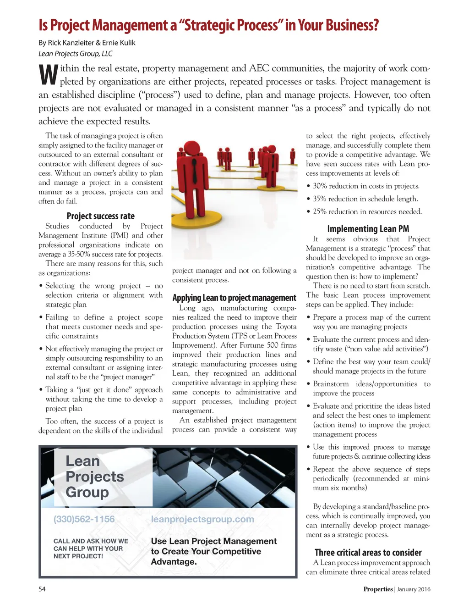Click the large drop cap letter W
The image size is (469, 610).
point(48,75)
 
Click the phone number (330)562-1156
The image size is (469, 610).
point(84,519)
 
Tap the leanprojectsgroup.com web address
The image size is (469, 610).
point(202,519)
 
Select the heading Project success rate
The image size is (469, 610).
point(100,216)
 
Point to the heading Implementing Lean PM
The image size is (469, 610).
point(368,229)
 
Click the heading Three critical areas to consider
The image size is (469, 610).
point(368,553)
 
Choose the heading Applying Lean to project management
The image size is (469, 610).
point(234,298)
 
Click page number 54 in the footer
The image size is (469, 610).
point(42,589)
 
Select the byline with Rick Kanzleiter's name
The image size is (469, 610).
point(87,43)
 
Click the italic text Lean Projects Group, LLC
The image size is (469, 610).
point(75,54)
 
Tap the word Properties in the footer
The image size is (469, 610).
point(378,589)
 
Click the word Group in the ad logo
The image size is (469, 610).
point(87,492)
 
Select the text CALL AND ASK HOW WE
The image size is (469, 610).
point(91,541)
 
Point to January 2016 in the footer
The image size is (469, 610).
point(414,589)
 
